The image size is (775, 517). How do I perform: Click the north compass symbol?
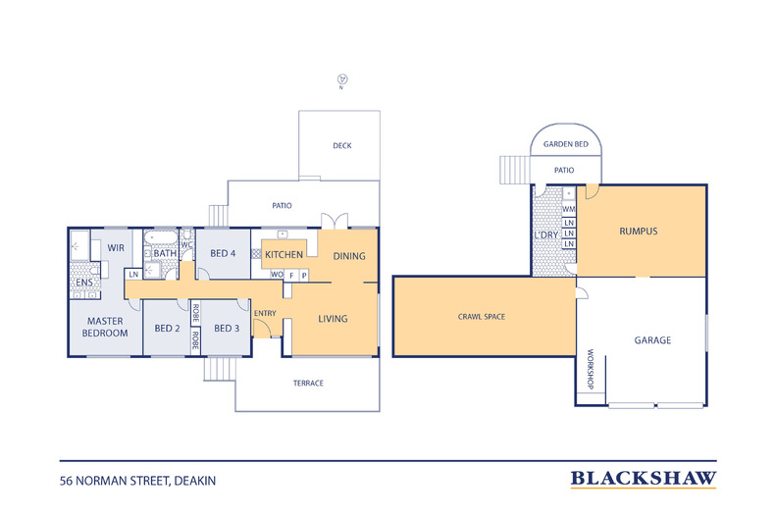(342, 79)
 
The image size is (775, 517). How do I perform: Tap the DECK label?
(342, 146)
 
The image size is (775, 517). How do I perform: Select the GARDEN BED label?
(566, 144)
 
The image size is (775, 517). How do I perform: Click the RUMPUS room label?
(639, 232)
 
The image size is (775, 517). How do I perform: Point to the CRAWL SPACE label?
(482, 317)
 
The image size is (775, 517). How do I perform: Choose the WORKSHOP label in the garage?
(591, 369)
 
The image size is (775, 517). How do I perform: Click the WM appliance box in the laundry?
(569, 209)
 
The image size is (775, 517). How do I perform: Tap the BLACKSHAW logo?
(644, 479)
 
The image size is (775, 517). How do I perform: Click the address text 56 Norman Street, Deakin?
(138, 481)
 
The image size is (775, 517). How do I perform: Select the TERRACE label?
(308, 383)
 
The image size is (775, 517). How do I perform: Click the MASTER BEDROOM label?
(105, 328)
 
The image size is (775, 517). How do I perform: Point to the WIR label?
(116, 247)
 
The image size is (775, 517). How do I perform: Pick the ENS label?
(84, 283)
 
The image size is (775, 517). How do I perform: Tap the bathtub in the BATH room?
(160, 237)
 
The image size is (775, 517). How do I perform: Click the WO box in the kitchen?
(277, 275)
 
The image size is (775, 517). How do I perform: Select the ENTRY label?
(265, 313)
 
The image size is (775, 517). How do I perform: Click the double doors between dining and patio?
(335, 221)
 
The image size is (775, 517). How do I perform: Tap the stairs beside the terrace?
(220, 369)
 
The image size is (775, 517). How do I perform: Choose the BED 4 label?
(223, 253)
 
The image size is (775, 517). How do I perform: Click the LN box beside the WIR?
(133, 275)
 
